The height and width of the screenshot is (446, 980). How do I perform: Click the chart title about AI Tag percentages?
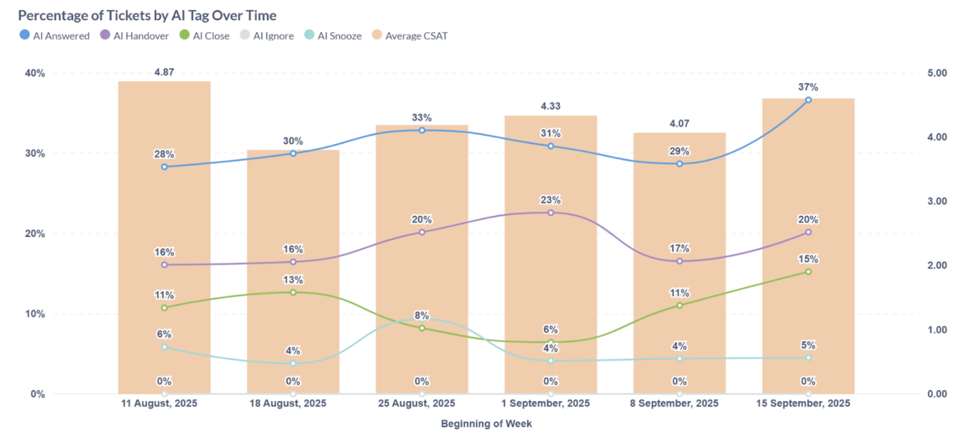click(x=147, y=16)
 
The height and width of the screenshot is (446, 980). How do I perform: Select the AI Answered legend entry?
click(x=55, y=35)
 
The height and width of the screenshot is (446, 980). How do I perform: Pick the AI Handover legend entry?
click(x=135, y=35)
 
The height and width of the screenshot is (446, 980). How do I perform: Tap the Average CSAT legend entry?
click(x=410, y=35)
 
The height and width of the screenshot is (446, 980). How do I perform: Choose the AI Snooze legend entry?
click(x=333, y=35)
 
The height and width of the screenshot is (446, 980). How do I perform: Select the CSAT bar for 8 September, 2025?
click(x=679, y=276)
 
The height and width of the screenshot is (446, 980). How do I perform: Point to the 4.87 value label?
click(x=164, y=72)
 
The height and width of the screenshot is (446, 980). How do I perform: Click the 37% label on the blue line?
click(x=808, y=87)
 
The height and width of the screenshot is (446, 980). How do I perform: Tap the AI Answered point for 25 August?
click(x=422, y=130)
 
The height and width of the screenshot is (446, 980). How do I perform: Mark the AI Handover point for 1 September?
click(x=551, y=213)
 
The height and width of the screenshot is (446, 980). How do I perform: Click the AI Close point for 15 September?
click(x=808, y=272)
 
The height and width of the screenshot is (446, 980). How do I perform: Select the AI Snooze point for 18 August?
click(x=293, y=364)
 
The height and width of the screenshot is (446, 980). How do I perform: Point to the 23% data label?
click(x=551, y=200)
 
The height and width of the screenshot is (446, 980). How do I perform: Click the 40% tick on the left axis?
click(x=35, y=73)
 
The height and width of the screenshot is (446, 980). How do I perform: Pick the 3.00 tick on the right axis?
click(x=937, y=201)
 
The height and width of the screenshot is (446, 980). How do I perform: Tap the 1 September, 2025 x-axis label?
click(x=545, y=404)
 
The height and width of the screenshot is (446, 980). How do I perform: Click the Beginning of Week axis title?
click(x=486, y=424)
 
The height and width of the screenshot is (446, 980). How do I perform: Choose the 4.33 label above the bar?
click(x=551, y=106)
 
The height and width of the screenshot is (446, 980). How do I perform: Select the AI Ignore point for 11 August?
click(x=164, y=394)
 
